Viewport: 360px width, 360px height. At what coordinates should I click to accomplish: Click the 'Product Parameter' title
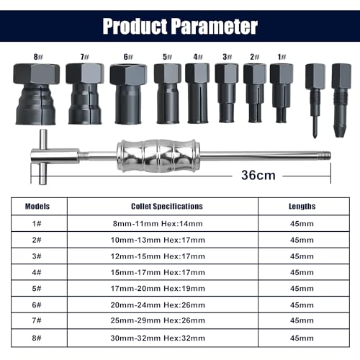tap(179, 27)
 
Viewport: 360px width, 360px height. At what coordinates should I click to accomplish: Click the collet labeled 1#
tap(280, 84)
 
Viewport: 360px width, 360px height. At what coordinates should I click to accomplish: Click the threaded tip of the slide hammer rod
tap(325, 153)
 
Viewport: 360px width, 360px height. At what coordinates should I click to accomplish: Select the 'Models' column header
tap(37, 205)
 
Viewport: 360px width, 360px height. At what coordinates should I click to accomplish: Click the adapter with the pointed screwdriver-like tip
tap(312, 88)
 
